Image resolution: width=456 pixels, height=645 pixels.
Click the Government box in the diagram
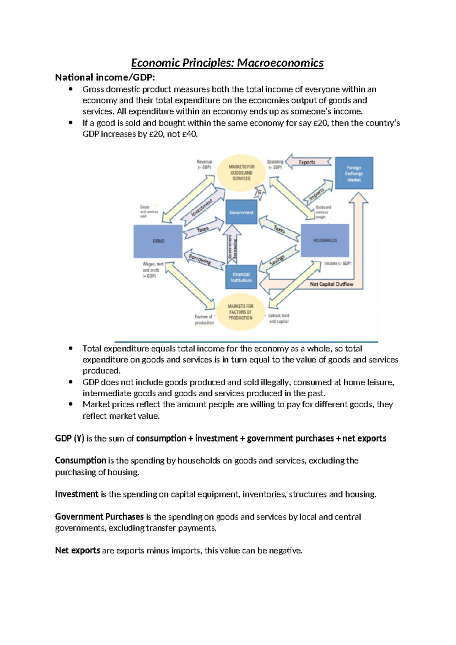pyautogui.click(x=241, y=212)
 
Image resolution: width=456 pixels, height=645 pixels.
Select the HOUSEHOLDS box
pyautogui.click(x=325, y=240)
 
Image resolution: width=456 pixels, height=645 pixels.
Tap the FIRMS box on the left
pyautogui.click(x=158, y=241)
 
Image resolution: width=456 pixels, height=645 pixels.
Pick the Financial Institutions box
pyautogui.click(x=241, y=277)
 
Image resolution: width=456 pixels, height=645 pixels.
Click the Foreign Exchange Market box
pyautogui.click(x=354, y=173)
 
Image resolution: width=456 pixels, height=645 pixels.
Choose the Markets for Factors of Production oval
pyautogui.click(x=240, y=312)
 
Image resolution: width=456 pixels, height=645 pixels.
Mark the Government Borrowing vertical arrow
pyautogui.click(x=232, y=246)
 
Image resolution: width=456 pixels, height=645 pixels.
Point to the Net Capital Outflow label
pyautogui.click(x=331, y=284)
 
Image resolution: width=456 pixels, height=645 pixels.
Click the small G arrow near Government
pyautogui.click(x=260, y=192)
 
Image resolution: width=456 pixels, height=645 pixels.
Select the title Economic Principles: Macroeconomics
pyautogui.click(x=227, y=63)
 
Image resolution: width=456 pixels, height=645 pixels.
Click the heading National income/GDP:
pyautogui.click(x=105, y=78)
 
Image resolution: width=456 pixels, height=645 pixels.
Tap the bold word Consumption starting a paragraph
pyautogui.click(x=80, y=461)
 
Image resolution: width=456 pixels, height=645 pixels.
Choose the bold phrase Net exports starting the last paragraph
pyautogui.click(x=78, y=550)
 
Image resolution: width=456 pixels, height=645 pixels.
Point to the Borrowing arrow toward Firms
pyautogui.click(x=201, y=260)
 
